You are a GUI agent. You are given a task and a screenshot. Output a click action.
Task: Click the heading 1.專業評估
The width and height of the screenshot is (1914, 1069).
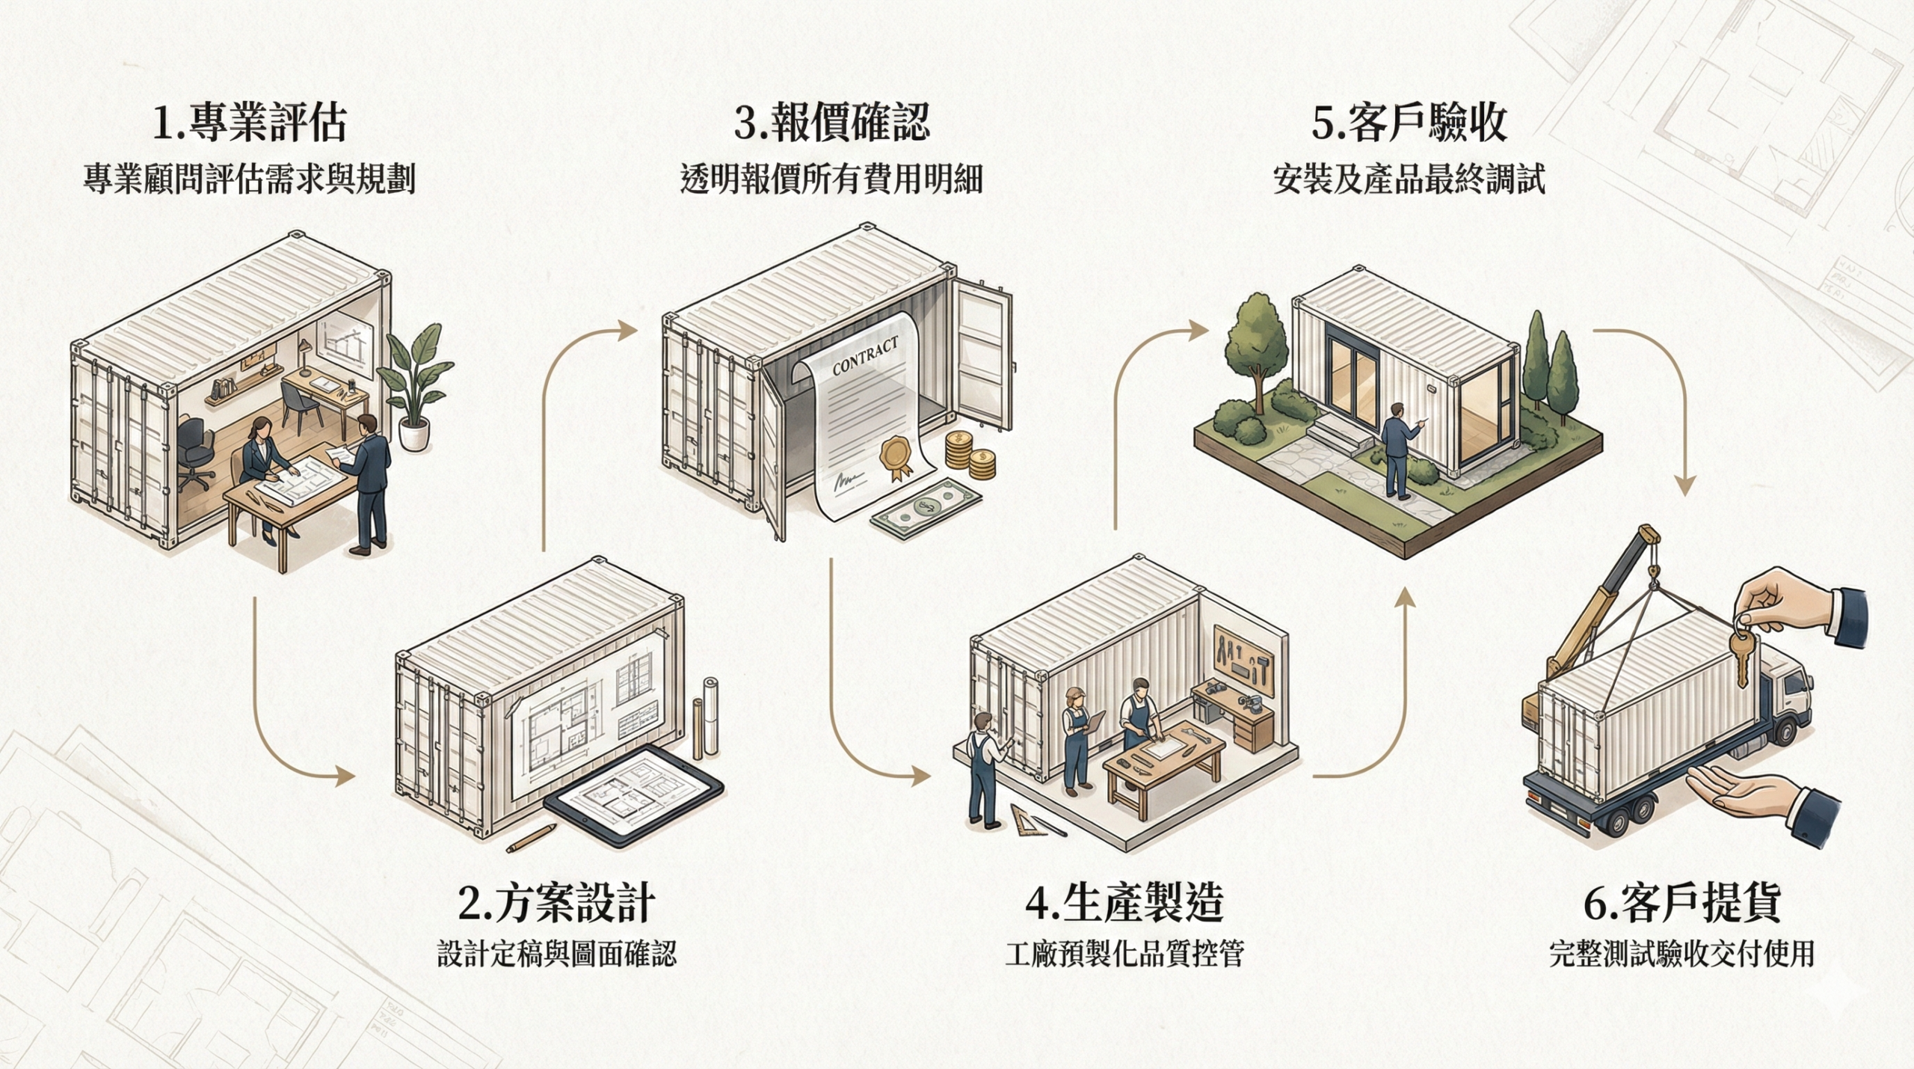coord(249,123)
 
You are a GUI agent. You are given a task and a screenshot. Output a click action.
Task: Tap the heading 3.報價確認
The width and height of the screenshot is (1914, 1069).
coord(831,123)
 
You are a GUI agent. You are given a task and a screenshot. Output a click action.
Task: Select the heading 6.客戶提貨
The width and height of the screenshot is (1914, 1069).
coord(1681,903)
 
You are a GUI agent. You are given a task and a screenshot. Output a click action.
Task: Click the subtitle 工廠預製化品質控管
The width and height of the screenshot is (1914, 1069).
coord(1124,954)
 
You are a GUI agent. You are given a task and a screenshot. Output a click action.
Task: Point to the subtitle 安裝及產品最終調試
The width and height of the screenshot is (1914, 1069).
coord(1409,180)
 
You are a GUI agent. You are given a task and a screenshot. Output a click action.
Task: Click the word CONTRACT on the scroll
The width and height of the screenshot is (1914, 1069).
coord(865,358)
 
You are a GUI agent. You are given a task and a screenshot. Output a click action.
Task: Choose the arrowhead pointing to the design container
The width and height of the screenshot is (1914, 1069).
coord(345,777)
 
